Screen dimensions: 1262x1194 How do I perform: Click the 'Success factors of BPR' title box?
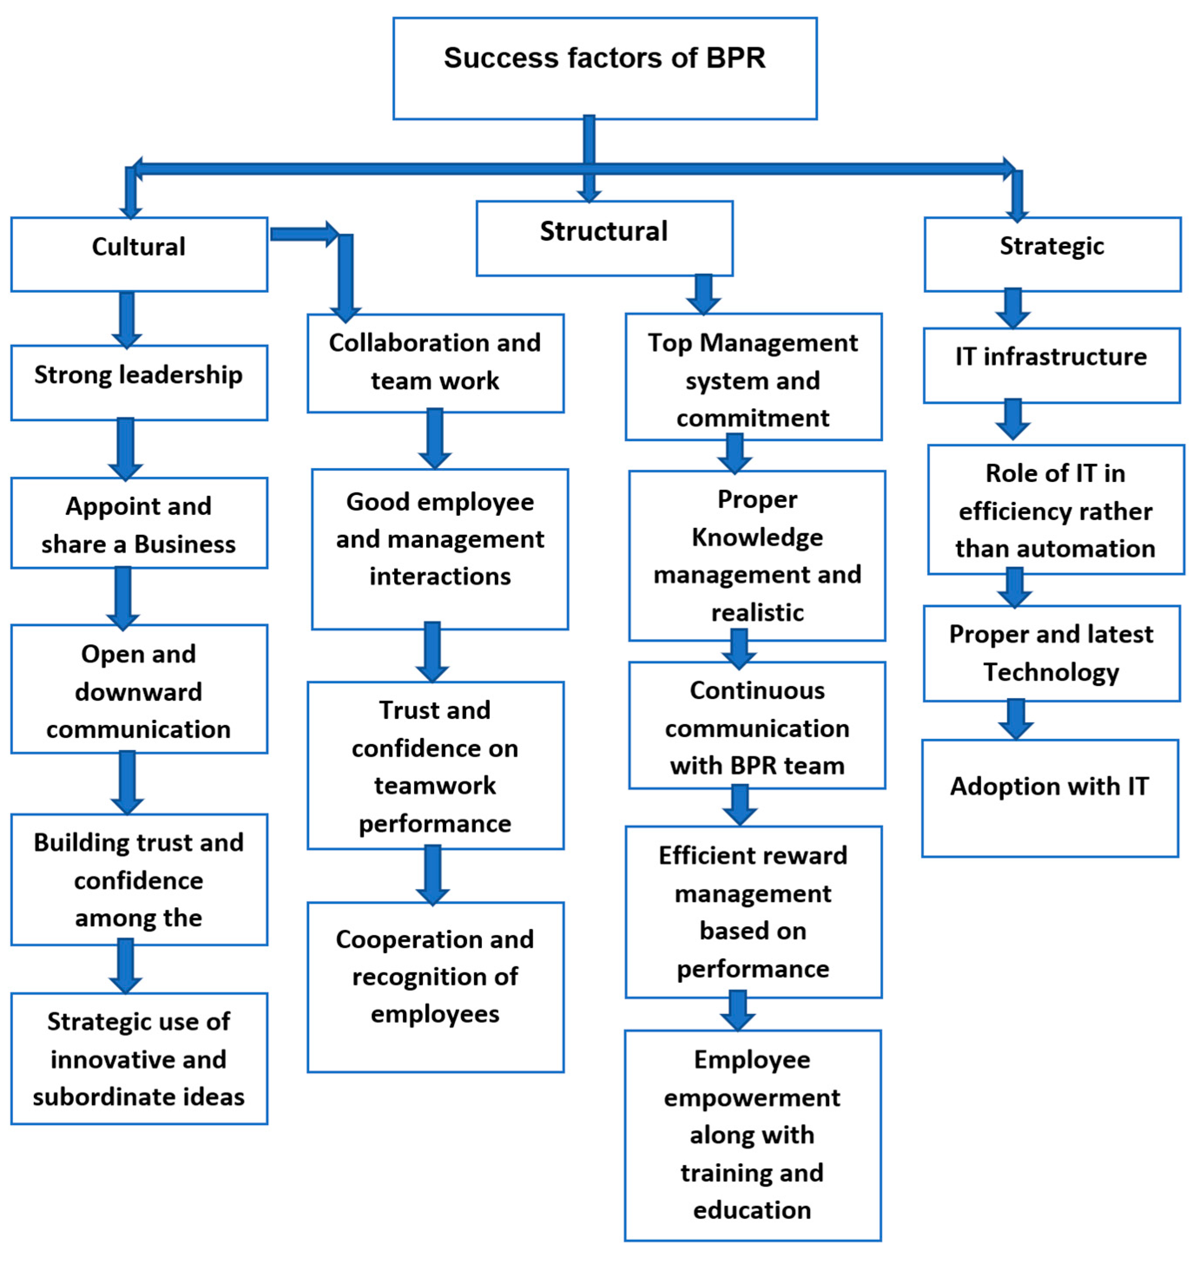click(x=605, y=68)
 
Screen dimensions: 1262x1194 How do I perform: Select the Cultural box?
click(x=139, y=254)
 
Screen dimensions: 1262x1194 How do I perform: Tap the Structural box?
click(x=604, y=239)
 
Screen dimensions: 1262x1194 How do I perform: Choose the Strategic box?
click(x=1052, y=254)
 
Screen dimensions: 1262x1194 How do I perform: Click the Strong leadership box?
click(x=139, y=382)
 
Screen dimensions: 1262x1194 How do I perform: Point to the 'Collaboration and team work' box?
click(x=435, y=363)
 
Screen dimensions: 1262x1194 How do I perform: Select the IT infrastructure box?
click(x=1052, y=365)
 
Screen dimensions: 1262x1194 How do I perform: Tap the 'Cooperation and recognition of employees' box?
click(x=435, y=987)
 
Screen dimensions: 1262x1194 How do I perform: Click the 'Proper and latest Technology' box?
click(x=1052, y=653)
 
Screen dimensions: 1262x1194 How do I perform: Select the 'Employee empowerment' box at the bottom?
click(x=752, y=1135)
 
